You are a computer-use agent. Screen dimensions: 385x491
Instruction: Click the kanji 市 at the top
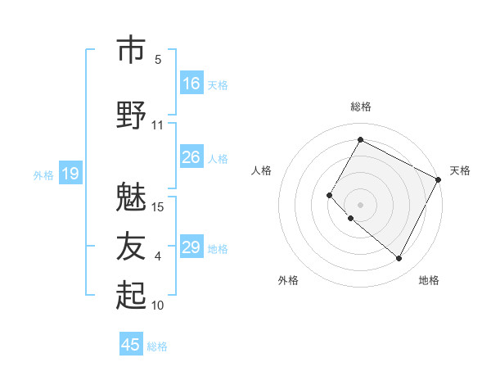[131, 50]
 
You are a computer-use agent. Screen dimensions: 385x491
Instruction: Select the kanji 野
[131, 115]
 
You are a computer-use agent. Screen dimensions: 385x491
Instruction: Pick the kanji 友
[131, 247]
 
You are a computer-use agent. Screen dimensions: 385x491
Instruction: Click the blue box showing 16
[191, 84]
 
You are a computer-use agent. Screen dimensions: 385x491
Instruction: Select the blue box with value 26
[191, 157]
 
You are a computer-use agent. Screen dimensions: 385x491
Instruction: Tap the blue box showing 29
[191, 247]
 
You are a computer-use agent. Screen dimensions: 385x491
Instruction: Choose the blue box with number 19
[70, 174]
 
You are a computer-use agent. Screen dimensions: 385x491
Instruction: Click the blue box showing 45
[131, 345]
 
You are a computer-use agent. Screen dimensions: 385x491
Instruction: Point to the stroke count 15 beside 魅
[158, 206]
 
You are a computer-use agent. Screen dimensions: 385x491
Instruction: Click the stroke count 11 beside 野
[158, 125]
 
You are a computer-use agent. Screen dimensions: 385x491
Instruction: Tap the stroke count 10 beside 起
[158, 306]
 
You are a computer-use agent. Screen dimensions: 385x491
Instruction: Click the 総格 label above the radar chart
[360, 106]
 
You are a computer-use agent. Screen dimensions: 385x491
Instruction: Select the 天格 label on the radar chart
[460, 170]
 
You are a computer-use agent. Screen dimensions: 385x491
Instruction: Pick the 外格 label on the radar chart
[288, 280]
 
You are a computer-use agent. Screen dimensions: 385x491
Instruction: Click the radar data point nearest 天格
[439, 179]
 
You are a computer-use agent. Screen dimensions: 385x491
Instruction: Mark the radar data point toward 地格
[399, 259]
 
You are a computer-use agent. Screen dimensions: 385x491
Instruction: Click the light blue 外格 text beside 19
[43, 174]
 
